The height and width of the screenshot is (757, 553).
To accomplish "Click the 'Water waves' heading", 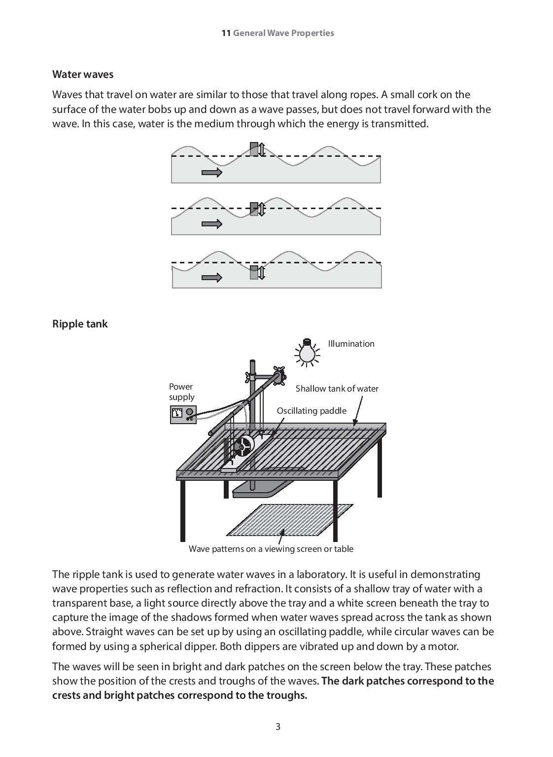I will [x=83, y=74].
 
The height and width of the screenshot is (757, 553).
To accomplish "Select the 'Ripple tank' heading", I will [x=80, y=324].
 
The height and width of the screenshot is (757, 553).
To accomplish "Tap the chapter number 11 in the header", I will [x=226, y=33].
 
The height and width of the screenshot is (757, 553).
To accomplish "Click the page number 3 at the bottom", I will [x=277, y=726].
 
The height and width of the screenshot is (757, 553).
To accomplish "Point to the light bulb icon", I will [x=307, y=352].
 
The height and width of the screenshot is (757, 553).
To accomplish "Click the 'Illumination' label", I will [x=351, y=344].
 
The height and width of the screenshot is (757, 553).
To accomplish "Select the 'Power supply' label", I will [x=181, y=392].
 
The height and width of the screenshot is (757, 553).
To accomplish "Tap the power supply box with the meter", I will [x=183, y=414].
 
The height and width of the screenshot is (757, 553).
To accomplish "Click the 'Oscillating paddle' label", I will [x=311, y=411].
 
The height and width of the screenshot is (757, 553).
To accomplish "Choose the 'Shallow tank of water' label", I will [x=337, y=389].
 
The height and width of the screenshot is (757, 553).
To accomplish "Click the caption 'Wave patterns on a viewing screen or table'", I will [x=271, y=549].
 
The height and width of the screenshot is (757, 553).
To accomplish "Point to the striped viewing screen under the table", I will [x=290, y=520].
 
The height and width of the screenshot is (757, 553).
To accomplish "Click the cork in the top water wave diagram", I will [x=254, y=149].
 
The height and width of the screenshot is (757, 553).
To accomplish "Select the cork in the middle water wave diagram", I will [x=254, y=209].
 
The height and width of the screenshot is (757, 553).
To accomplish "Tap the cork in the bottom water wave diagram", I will [x=254, y=272].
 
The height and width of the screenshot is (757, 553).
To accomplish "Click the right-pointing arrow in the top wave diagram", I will [x=212, y=172].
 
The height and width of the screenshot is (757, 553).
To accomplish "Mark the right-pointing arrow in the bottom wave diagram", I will [x=212, y=278].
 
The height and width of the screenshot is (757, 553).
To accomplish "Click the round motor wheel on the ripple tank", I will [x=243, y=447].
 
